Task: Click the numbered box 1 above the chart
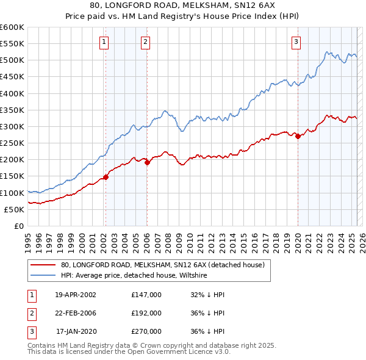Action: click(x=104, y=42)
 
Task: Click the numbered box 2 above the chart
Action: click(x=146, y=42)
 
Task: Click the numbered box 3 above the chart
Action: click(x=296, y=42)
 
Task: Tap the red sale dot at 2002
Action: click(x=106, y=177)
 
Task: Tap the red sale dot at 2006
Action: click(x=147, y=162)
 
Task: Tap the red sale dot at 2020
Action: click(x=298, y=137)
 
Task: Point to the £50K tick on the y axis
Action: click(x=14, y=209)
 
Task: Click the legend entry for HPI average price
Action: click(x=134, y=276)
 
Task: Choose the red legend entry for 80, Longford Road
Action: click(x=162, y=265)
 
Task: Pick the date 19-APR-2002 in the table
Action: click(x=76, y=295)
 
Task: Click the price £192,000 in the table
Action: click(x=146, y=313)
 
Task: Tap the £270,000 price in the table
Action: click(x=146, y=331)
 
